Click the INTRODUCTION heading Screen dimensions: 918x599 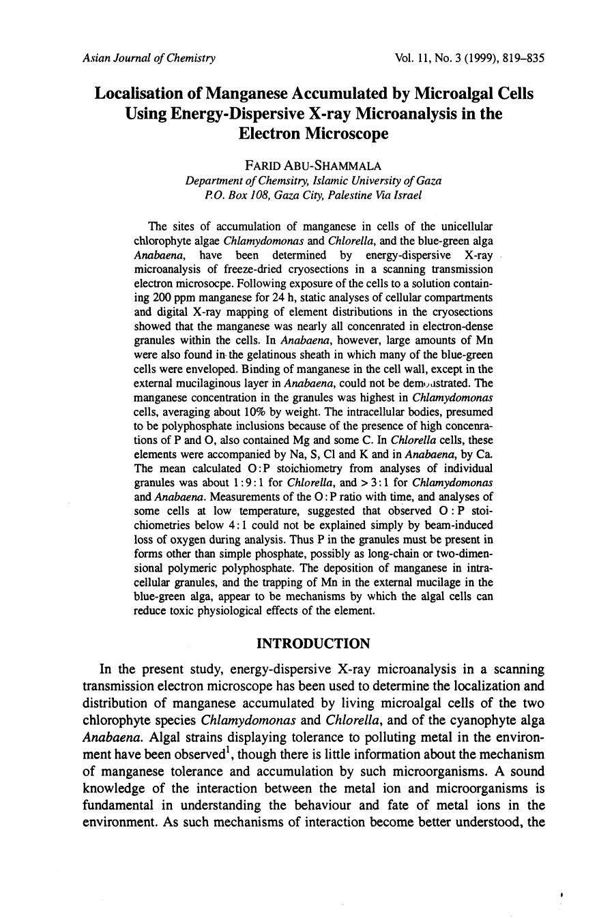[x=313, y=644]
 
